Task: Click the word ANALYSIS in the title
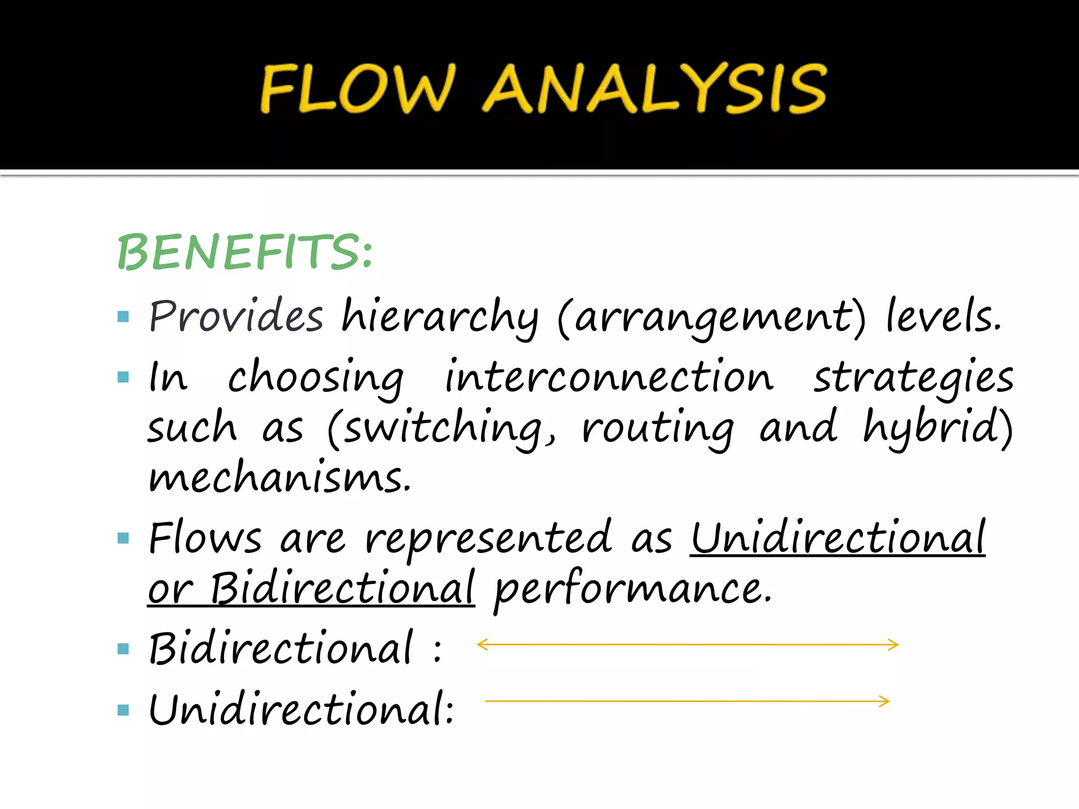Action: pyautogui.click(x=655, y=88)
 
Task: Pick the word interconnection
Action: pyautogui.click(x=609, y=377)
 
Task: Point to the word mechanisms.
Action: pyautogui.click(x=279, y=477)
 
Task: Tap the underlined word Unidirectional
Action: pyautogui.click(x=838, y=538)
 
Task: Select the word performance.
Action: pyautogui.click(x=633, y=590)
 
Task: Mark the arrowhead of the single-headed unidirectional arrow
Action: pyautogui.click(x=885, y=701)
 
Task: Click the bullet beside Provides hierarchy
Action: pyautogui.click(x=123, y=317)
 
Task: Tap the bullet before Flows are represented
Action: pyautogui.click(x=123, y=538)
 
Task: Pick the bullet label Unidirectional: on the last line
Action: pyautogui.click(x=301, y=709)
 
